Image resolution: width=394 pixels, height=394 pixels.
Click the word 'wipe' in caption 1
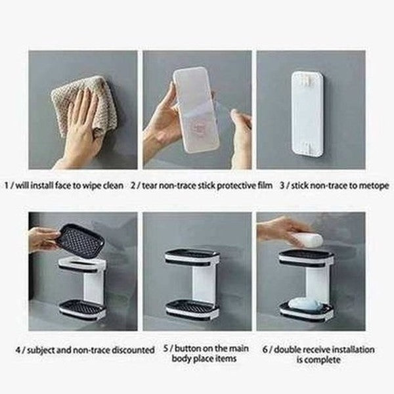[98, 185]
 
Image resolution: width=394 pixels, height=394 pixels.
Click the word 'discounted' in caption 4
[132, 350]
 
